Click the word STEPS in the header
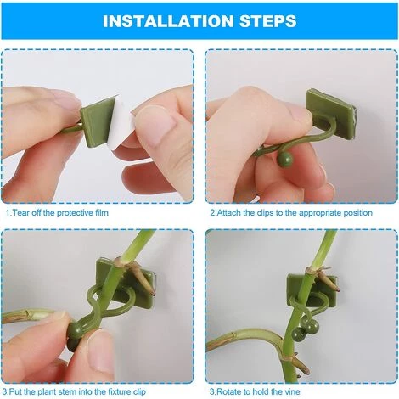(263, 20)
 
